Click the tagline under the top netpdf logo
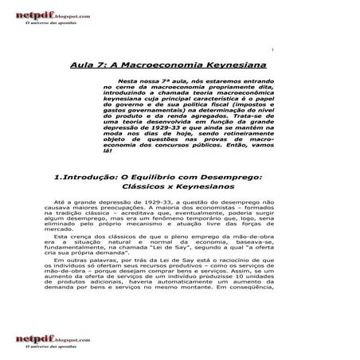pos(49,23)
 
